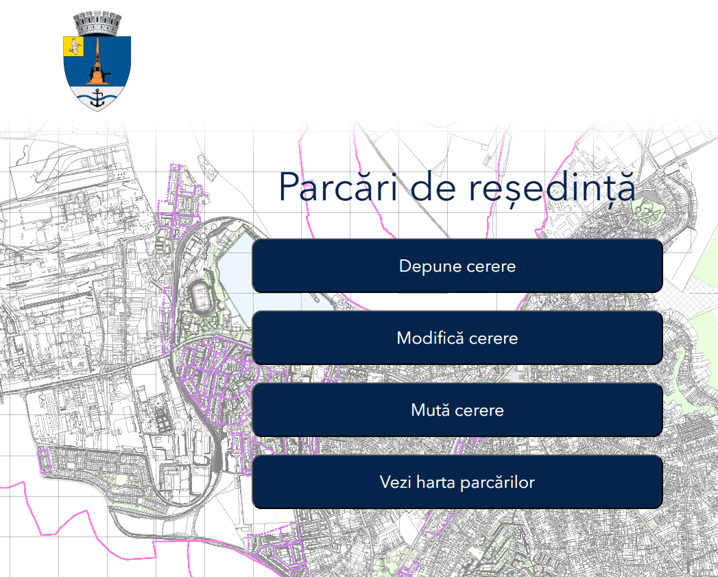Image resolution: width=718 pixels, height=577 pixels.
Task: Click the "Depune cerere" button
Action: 457,266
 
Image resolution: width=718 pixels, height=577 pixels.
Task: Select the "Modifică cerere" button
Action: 457,338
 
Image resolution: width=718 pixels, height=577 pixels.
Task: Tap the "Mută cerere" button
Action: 457,410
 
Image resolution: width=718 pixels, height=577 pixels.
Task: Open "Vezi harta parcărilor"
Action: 457,482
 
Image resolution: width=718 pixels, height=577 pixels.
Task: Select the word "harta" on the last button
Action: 437,482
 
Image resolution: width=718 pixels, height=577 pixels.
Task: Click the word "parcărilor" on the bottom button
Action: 498,482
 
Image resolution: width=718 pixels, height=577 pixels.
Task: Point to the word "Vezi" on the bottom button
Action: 396,482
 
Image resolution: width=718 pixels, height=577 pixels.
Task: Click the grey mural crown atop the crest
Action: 97,25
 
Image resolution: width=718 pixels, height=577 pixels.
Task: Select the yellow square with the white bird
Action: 73,47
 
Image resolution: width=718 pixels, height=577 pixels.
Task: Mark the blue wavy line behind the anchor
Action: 82,99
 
